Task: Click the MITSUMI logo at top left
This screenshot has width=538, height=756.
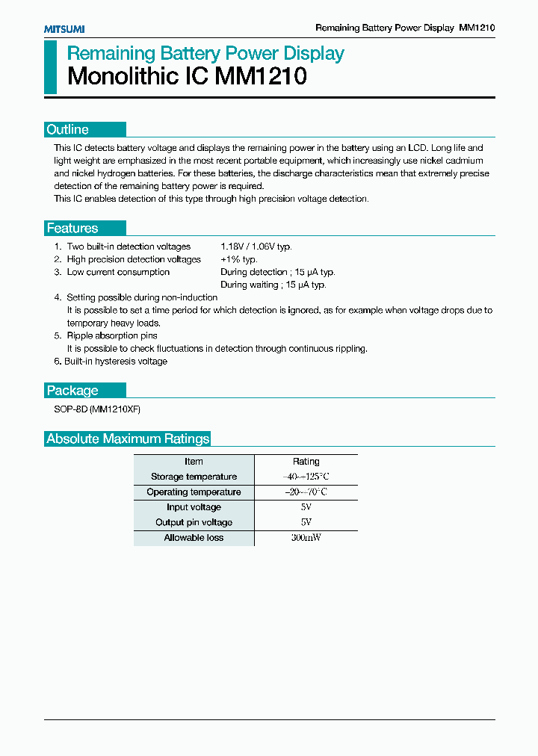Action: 64,28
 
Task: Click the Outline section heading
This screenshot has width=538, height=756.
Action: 68,129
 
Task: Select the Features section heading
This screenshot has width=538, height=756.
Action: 72,229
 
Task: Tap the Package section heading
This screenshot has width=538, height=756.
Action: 72,391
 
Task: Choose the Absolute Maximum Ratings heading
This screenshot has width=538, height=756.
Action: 128,439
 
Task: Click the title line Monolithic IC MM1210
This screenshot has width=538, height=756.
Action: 187,76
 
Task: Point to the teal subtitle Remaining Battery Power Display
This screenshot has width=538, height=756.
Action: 205,54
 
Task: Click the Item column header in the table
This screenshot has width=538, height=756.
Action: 194,462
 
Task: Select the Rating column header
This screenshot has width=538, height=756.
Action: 306,462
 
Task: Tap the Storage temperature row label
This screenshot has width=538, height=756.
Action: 194,477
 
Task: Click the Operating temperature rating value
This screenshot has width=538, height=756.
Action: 306,492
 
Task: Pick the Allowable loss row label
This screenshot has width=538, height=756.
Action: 194,538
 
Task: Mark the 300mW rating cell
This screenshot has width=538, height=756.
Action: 306,538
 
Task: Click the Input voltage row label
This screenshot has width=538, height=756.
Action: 194,507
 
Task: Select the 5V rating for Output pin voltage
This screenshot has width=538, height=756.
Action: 306,522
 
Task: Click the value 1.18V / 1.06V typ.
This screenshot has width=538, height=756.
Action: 256,247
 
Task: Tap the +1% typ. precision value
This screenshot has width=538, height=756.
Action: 239,259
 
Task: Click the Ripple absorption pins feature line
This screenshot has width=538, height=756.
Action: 112,336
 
